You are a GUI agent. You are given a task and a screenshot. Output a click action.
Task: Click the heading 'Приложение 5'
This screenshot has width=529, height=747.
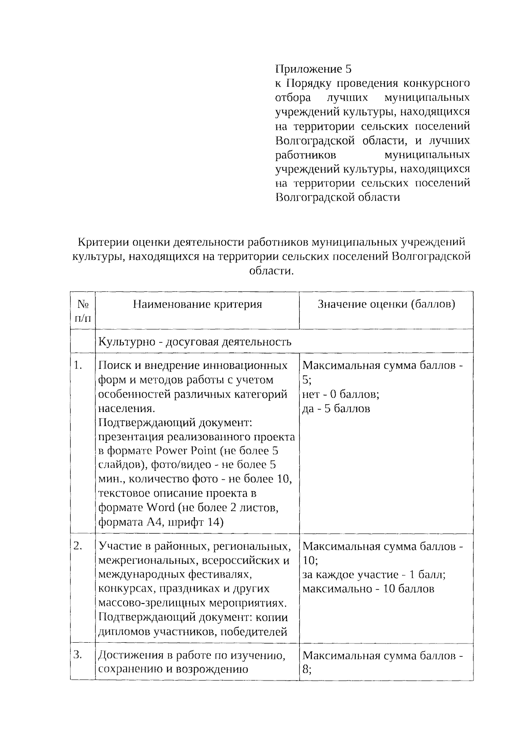tap(314, 69)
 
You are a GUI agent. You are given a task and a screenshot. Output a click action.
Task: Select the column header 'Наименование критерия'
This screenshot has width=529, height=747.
tap(197, 304)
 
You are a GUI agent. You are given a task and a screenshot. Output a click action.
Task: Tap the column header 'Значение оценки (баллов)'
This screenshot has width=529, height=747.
tap(386, 304)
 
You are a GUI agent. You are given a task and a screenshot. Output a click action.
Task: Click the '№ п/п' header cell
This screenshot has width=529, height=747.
tap(83, 311)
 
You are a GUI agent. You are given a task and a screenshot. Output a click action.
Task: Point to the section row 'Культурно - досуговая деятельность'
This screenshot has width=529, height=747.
tap(194, 342)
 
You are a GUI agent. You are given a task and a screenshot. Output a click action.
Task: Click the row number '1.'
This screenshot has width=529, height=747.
tap(78, 365)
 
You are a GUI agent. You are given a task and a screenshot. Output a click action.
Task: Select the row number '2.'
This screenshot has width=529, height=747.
tap(78, 546)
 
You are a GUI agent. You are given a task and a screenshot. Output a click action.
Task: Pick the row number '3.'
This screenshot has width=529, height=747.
tap(78, 655)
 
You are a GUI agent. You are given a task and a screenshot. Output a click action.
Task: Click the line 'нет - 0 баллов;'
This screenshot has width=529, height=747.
tap(341, 394)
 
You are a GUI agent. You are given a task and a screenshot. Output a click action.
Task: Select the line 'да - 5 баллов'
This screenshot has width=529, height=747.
tap(336, 408)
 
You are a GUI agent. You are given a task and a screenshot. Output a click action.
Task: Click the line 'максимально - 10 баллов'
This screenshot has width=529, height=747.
tap(368, 589)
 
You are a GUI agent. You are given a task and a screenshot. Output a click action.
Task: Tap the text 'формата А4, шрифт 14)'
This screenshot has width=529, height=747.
tap(161, 522)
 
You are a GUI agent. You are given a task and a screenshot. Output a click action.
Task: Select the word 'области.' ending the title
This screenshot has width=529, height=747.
tap(271, 271)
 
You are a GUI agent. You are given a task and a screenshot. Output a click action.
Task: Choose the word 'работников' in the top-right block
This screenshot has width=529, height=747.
tap(305, 155)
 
